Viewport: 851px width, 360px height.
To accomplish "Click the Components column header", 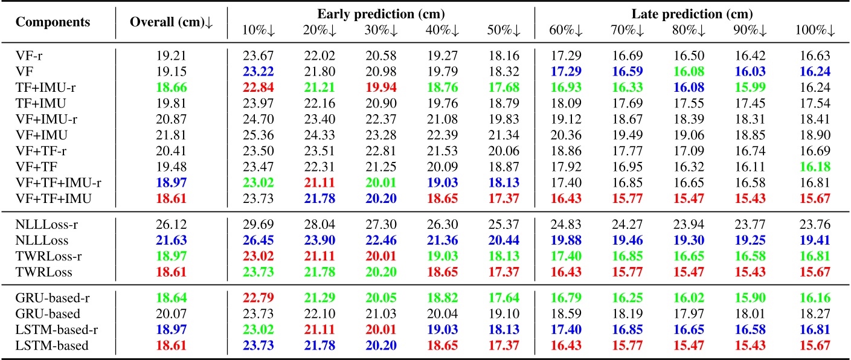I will coord(53,22).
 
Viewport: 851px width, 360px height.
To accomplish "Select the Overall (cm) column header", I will coord(172,22).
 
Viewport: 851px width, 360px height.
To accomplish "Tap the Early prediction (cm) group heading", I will coord(381,13).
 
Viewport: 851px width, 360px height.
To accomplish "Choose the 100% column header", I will coord(815,31).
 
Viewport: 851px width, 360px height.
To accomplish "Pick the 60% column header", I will coord(567,31).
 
